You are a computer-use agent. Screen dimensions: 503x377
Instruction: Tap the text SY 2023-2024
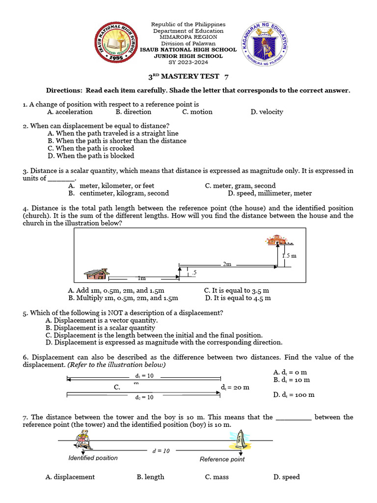[x=188, y=62]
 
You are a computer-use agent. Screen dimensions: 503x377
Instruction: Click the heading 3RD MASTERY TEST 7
[x=188, y=77]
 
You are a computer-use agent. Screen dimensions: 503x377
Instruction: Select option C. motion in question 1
[x=197, y=112]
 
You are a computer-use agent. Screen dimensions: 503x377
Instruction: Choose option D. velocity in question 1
[x=267, y=112]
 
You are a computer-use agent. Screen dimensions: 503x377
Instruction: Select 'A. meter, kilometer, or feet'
[x=111, y=186]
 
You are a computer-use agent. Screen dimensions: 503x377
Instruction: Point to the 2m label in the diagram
[x=227, y=264]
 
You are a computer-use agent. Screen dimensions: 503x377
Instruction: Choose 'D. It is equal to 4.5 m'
[x=238, y=298]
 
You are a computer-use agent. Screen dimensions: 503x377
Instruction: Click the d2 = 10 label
[x=144, y=397]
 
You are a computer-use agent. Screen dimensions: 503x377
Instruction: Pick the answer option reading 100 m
[x=294, y=394]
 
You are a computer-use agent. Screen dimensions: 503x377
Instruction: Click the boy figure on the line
[x=84, y=439]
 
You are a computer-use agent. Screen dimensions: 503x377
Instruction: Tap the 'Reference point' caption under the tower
[x=222, y=459]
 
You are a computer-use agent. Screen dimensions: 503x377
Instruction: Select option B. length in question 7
[x=150, y=477]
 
